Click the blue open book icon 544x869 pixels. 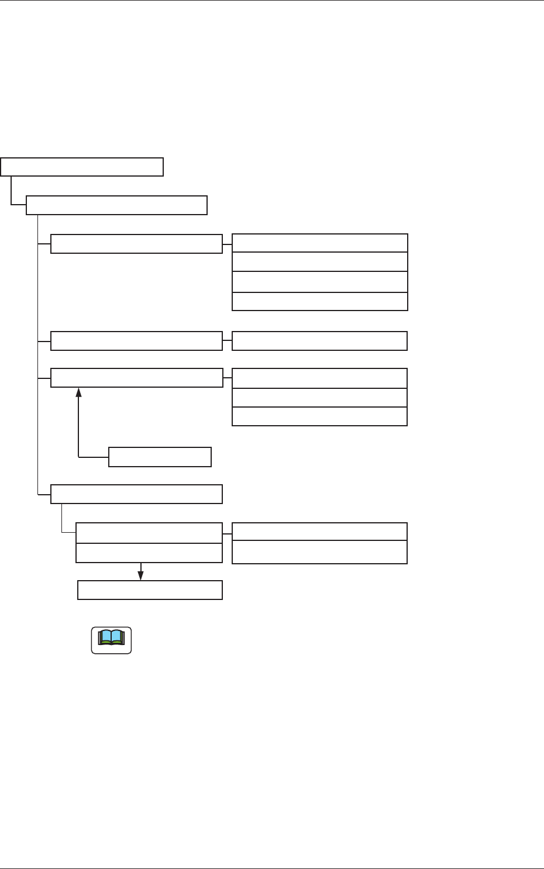(111, 638)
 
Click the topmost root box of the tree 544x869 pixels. (82, 167)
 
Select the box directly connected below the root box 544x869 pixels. (117, 206)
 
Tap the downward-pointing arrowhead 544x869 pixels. (141, 575)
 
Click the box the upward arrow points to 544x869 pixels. (137, 378)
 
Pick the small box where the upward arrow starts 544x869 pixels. (160, 457)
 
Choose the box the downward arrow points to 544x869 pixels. (150, 590)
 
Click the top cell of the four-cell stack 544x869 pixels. (319, 243)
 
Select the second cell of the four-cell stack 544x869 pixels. (319, 261)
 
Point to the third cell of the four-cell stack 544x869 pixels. (319, 281)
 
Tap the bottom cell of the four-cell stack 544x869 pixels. (319, 301)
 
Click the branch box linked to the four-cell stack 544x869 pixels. (137, 244)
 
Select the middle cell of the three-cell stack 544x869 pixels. (319, 398)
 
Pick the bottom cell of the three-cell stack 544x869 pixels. (319, 416)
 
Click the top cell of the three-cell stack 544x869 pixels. (319, 378)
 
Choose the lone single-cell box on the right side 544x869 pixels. (319, 341)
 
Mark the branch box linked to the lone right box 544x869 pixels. (137, 341)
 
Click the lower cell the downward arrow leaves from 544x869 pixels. (149, 553)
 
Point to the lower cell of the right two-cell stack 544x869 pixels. (319, 552)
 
